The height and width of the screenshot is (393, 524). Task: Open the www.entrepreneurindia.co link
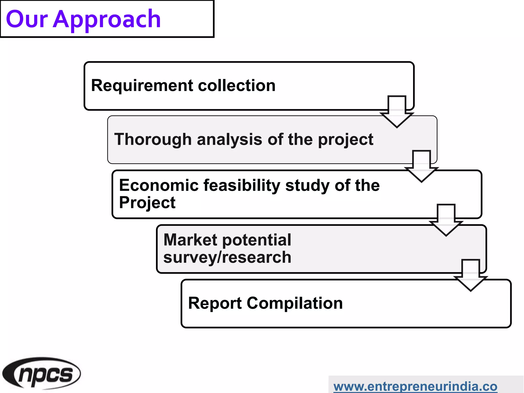(x=415, y=386)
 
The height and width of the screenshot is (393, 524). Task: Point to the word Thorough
(x=153, y=139)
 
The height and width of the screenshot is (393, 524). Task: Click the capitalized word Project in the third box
(x=147, y=202)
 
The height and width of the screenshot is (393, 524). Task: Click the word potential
(x=257, y=240)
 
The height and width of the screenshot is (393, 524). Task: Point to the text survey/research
(x=227, y=257)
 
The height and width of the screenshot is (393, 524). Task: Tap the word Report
(x=215, y=303)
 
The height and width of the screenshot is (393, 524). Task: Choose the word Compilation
(x=294, y=303)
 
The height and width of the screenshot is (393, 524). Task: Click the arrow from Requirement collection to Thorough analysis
(x=397, y=111)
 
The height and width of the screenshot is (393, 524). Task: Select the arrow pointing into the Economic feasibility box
(x=421, y=166)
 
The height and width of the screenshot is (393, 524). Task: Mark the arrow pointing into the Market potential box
(x=446, y=220)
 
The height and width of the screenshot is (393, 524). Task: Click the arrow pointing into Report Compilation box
(x=471, y=275)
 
